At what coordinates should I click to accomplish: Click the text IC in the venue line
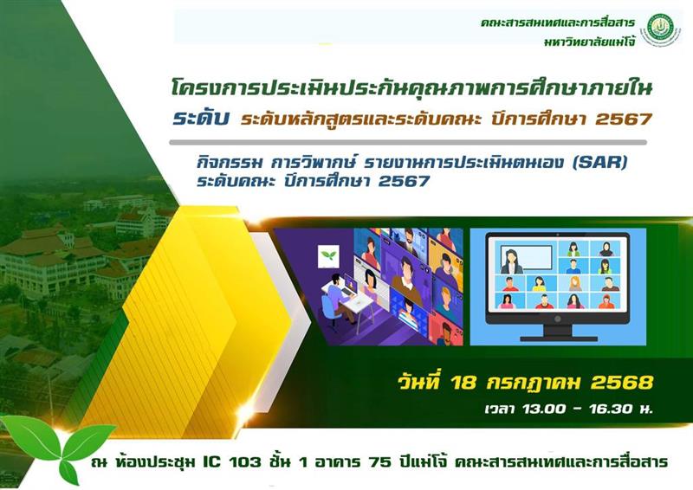(211, 461)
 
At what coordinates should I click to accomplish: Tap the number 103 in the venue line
(244, 461)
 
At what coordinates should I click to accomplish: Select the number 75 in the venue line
(379, 461)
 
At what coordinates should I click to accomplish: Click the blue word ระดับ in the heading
(201, 119)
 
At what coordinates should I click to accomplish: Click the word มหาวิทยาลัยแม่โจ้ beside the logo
(590, 42)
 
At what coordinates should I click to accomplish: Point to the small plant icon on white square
(328, 256)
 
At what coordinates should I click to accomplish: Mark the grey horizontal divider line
(408, 142)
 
